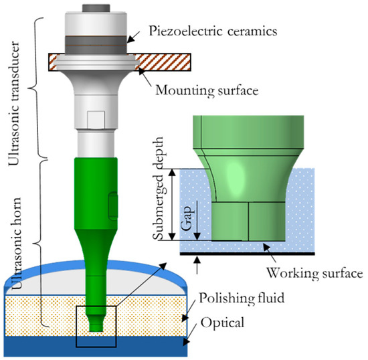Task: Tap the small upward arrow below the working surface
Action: [195, 262]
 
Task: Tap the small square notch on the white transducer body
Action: [93, 122]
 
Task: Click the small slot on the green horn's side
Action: [110, 201]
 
